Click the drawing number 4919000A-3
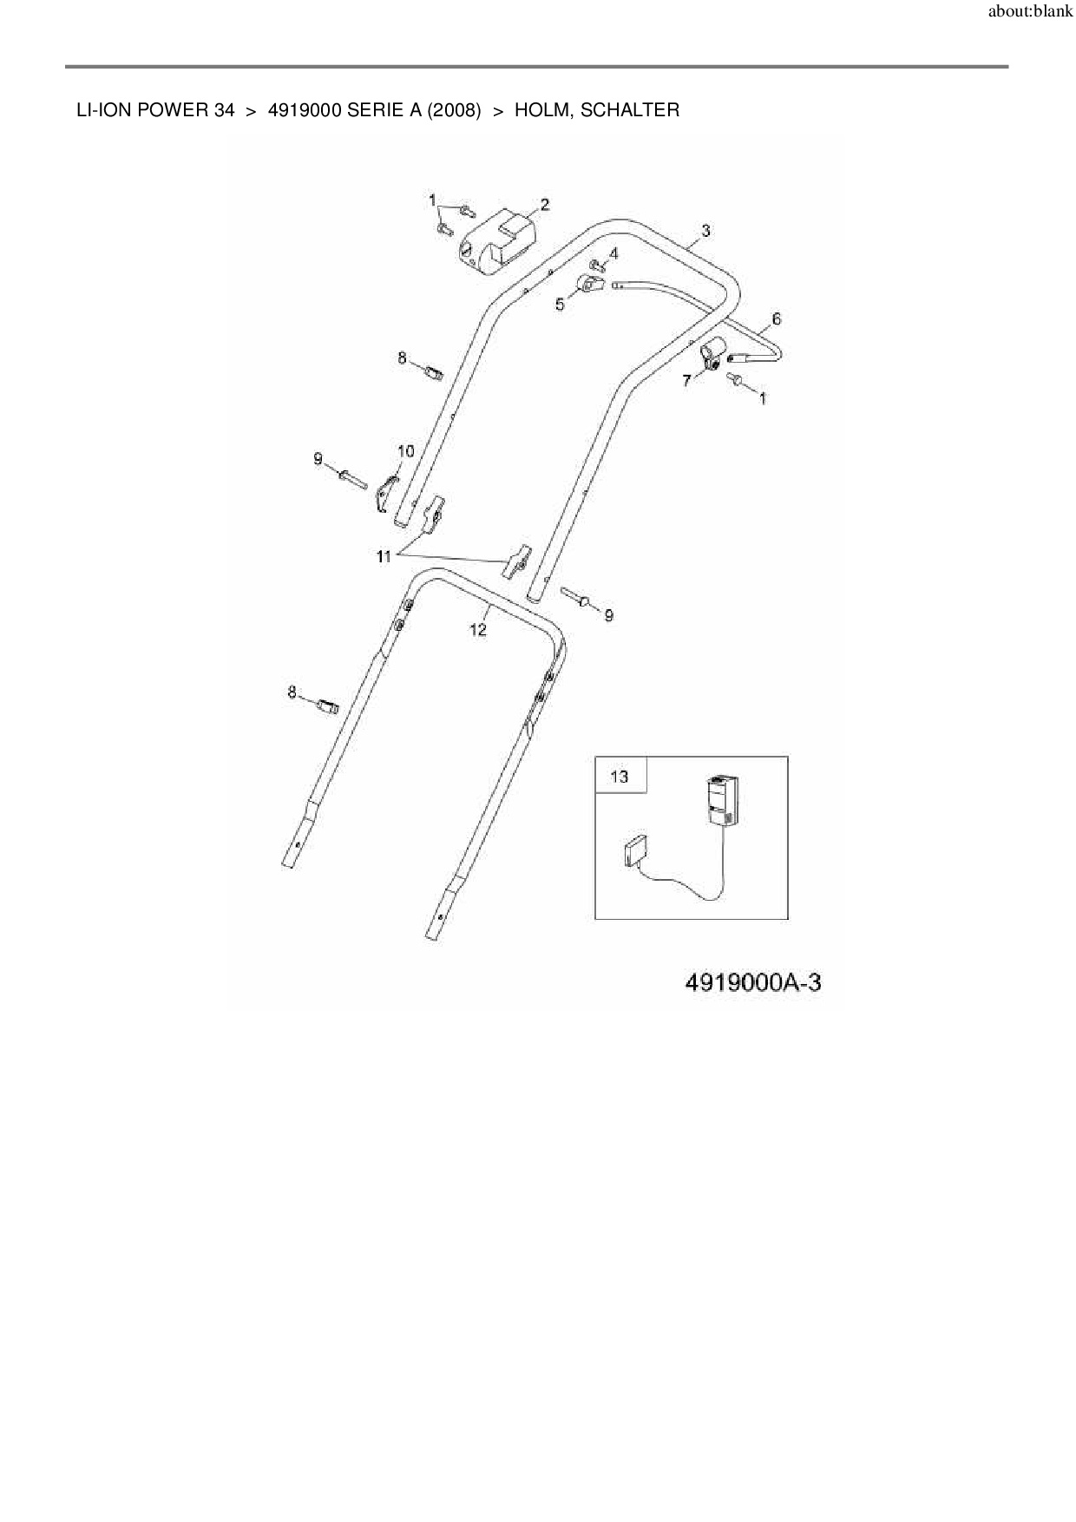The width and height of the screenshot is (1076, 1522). pos(752,982)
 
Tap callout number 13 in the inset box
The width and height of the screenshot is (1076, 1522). pos(620,776)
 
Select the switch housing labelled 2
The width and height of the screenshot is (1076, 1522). pos(497,239)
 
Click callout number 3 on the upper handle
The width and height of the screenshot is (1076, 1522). pos(705,230)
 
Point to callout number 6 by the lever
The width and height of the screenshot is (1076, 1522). pos(776,319)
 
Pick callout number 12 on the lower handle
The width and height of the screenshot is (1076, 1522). pos(478,630)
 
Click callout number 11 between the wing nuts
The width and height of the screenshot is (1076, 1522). pos(384,557)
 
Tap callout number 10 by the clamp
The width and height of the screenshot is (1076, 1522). pos(405,451)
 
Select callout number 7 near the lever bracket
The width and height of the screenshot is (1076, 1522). pos(686,380)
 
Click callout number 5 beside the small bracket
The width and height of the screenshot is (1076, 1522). pos(560,305)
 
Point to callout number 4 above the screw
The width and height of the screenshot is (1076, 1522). pos(613,253)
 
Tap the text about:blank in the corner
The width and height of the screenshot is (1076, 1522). pos(1030,14)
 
